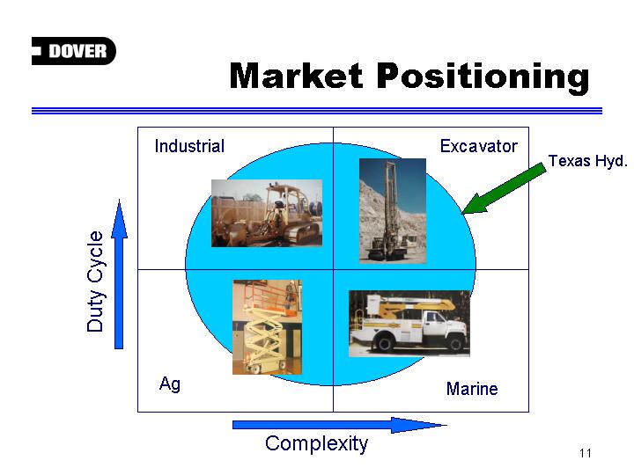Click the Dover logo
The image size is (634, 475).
[x=74, y=51]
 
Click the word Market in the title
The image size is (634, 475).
[x=297, y=76]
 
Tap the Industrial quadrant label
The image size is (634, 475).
[x=189, y=146]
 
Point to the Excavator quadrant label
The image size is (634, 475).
[x=479, y=146]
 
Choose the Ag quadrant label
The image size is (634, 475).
[x=170, y=384]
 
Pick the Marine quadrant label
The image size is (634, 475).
[x=472, y=389]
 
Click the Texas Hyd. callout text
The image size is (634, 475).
[x=587, y=161]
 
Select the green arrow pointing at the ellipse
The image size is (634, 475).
[x=504, y=188]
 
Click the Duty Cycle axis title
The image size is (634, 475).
[x=95, y=281]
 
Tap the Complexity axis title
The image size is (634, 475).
[x=317, y=444]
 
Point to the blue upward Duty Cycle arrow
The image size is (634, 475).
[x=119, y=274]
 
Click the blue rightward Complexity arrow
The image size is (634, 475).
[x=340, y=425]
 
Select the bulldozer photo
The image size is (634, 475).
[x=267, y=213]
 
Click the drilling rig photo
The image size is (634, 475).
[x=393, y=211]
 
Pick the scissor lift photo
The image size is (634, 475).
[x=268, y=327]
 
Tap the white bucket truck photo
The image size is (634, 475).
[x=409, y=324]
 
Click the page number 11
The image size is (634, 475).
[x=585, y=453]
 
